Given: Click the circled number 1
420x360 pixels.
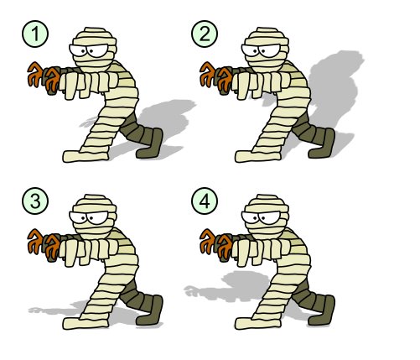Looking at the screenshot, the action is pyautogui.click(x=35, y=34).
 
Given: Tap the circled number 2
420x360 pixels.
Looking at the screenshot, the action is pyautogui.click(x=205, y=34).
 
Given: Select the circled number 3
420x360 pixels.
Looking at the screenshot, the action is pyautogui.click(x=35, y=201).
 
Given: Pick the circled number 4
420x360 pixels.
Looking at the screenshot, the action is pyautogui.click(x=205, y=201).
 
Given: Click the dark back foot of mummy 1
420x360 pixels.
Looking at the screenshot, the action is pyautogui.click(x=151, y=145).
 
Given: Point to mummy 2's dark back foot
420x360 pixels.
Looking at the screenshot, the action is pyautogui.click(x=323, y=145).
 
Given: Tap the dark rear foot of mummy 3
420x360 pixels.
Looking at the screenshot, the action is pyautogui.click(x=151, y=312).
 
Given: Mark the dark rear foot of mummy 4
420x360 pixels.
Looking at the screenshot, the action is pyautogui.click(x=323, y=312).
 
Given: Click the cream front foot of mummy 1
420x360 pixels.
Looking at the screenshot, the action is pyautogui.click(x=86, y=156).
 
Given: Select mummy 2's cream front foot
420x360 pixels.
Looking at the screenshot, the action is pyautogui.click(x=257, y=156).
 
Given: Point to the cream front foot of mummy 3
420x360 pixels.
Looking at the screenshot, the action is pyautogui.click(x=86, y=323).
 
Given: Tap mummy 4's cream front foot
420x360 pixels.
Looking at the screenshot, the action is pyautogui.click(x=257, y=323).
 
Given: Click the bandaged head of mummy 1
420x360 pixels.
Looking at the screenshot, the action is pyautogui.click(x=94, y=50).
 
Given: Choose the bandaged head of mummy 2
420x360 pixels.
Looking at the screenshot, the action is pyautogui.click(x=266, y=50).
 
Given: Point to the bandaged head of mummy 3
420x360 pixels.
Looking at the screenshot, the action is pyautogui.click(x=94, y=217).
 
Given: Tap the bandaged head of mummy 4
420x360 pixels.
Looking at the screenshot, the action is pyautogui.click(x=266, y=217).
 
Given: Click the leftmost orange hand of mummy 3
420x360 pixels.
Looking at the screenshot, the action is pyautogui.click(x=34, y=241).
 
